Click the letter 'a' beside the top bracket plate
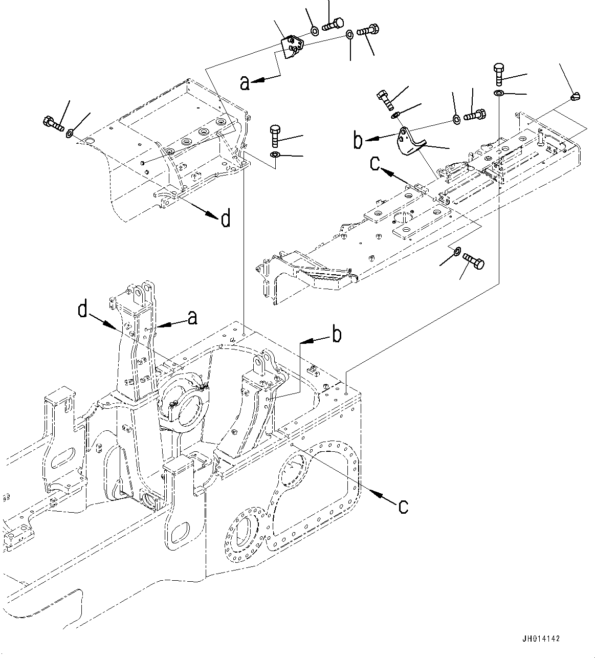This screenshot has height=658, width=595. click(x=246, y=83)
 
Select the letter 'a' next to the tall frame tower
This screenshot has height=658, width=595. click(x=192, y=318)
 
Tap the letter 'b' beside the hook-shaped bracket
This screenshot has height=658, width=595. click(x=358, y=141)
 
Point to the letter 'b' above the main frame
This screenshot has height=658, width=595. click(x=337, y=335)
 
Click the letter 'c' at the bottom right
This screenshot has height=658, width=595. click(x=403, y=506)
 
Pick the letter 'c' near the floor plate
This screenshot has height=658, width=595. click(x=376, y=164)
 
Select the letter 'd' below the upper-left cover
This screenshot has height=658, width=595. click(x=225, y=220)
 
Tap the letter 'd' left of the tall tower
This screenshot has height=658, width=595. click(x=82, y=310)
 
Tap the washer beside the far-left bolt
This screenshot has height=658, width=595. click(x=69, y=134)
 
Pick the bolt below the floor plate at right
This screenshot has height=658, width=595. click(x=474, y=261)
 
